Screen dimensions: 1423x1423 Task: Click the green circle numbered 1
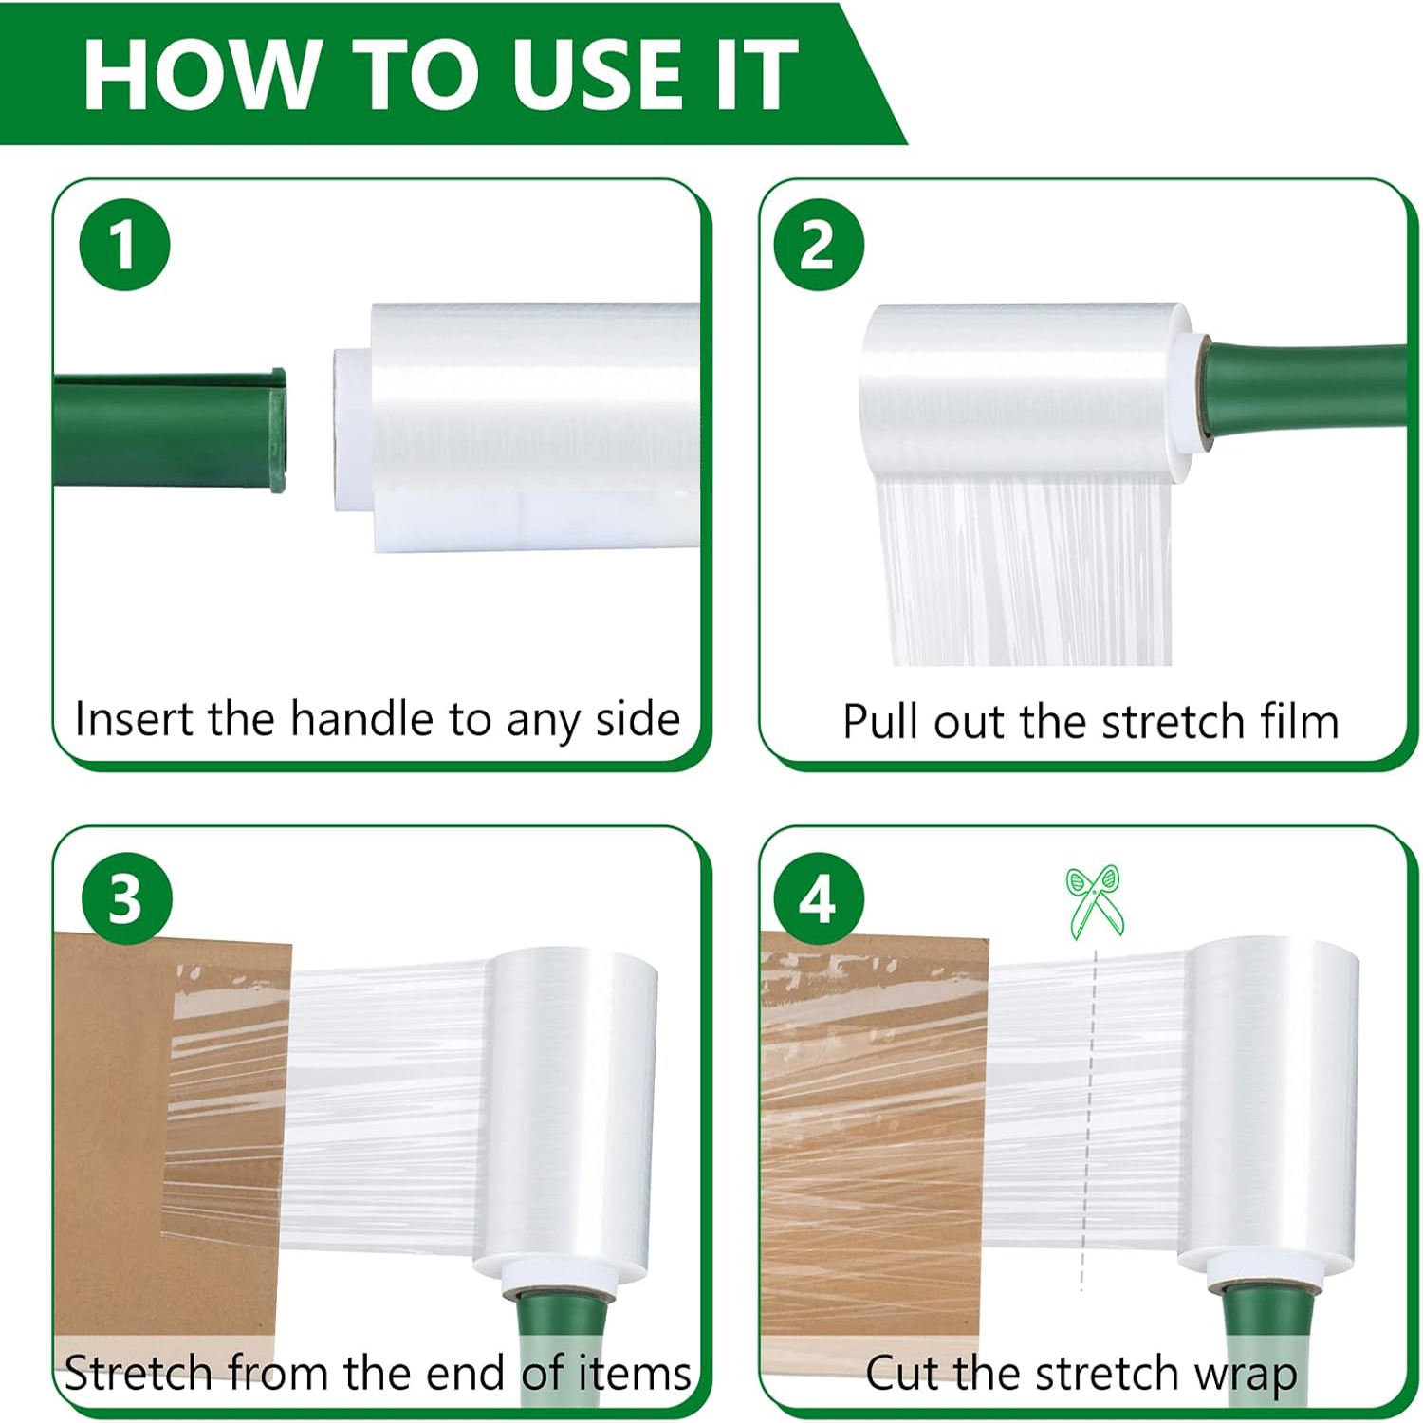point(124,245)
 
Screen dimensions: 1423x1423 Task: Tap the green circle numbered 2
point(819,245)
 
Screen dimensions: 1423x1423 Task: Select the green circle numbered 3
point(127,897)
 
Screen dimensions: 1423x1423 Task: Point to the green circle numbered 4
point(819,897)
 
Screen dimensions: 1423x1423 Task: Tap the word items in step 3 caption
point(635,1373)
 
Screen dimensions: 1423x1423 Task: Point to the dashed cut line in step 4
point(1089,1119)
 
